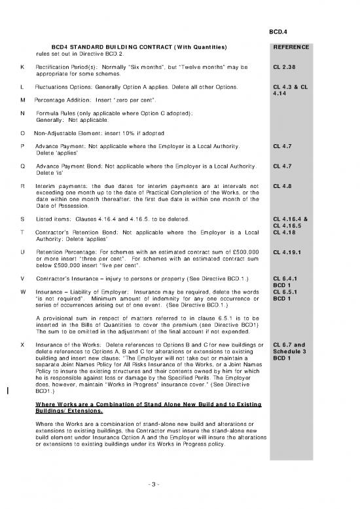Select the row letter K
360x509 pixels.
[x=23, y=67]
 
